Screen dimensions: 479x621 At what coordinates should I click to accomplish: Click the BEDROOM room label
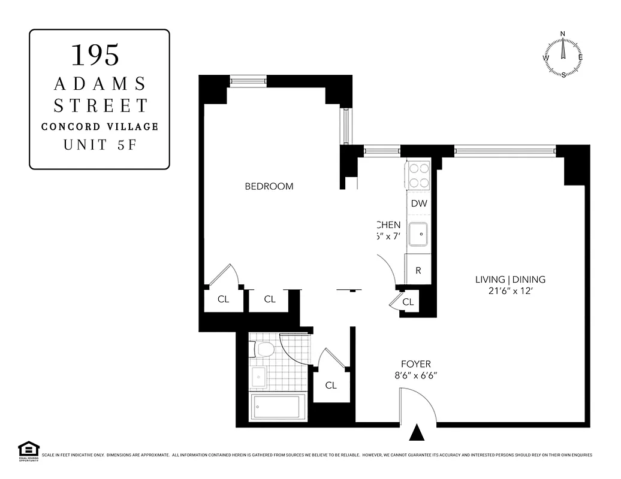(x=269, y=186)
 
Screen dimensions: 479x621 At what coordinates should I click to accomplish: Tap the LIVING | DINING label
(x=510, y=279)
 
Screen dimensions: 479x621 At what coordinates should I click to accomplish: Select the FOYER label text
(x=415, y=364)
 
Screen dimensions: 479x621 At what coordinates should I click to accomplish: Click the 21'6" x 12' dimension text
(x=510, y=292)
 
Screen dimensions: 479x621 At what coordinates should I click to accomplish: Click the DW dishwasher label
(x=419, y=203)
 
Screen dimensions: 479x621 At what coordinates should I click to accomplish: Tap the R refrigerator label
(x=418, y=270)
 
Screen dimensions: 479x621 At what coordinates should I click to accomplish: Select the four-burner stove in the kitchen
(x=418, y=175)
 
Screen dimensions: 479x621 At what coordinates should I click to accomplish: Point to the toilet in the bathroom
(x=263, y=348)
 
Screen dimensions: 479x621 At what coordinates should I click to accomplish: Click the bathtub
(x=278, y=407)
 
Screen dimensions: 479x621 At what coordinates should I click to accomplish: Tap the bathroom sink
(x=258, y=377)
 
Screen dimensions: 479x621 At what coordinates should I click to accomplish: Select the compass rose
(x=563, y=55)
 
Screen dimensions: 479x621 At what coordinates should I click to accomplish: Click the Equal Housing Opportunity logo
(x=28, y=450)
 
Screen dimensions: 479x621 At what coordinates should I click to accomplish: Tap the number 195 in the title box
(x=96, y=54)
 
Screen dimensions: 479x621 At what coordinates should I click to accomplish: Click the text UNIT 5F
(x=100, y=145)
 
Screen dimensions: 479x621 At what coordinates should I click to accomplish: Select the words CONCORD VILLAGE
(x=100, y=127)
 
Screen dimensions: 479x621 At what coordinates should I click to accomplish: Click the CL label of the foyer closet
(x=331, y=385)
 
